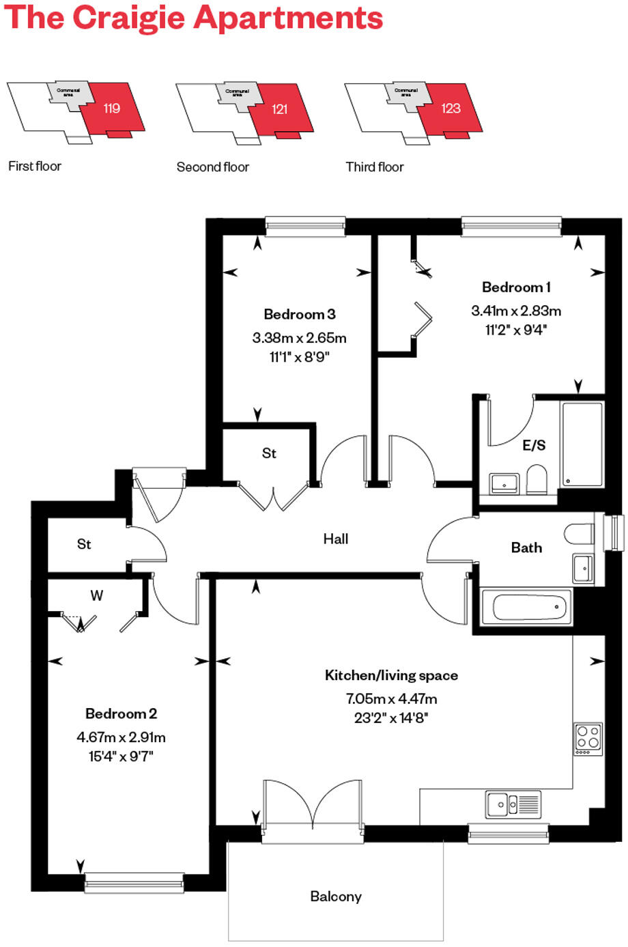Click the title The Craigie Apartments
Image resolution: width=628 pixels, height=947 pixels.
click(x=194, y=18)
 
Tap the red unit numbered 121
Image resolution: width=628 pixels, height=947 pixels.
click(x=281, y=109)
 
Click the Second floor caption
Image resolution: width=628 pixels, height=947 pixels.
click(x=212, y=167)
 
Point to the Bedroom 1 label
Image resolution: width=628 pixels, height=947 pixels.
click(x=516, y=287)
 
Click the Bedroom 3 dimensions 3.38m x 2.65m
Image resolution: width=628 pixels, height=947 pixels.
click(x=299, y=338)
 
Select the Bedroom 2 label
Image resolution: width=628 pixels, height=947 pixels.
click(x=121, y=714)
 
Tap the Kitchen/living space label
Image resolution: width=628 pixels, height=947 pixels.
click(x=391, y=676)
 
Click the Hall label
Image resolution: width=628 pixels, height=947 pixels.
click(x=335, y=539)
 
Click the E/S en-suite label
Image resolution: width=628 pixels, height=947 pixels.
click(x=534, y=446)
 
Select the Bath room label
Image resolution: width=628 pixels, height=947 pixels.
click(x=526, y=548)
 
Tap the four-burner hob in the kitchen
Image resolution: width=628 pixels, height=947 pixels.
click(x=588, y=738)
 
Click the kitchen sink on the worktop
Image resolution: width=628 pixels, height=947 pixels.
click(x=513, y=804)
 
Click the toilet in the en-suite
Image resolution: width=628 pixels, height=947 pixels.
click(x=537, y=479)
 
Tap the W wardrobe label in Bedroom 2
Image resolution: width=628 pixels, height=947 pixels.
click(x=97, y=596)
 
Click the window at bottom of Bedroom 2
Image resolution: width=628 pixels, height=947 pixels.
click(x=134, y=883)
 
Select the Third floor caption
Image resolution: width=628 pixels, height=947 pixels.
click(x=374, y=167)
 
